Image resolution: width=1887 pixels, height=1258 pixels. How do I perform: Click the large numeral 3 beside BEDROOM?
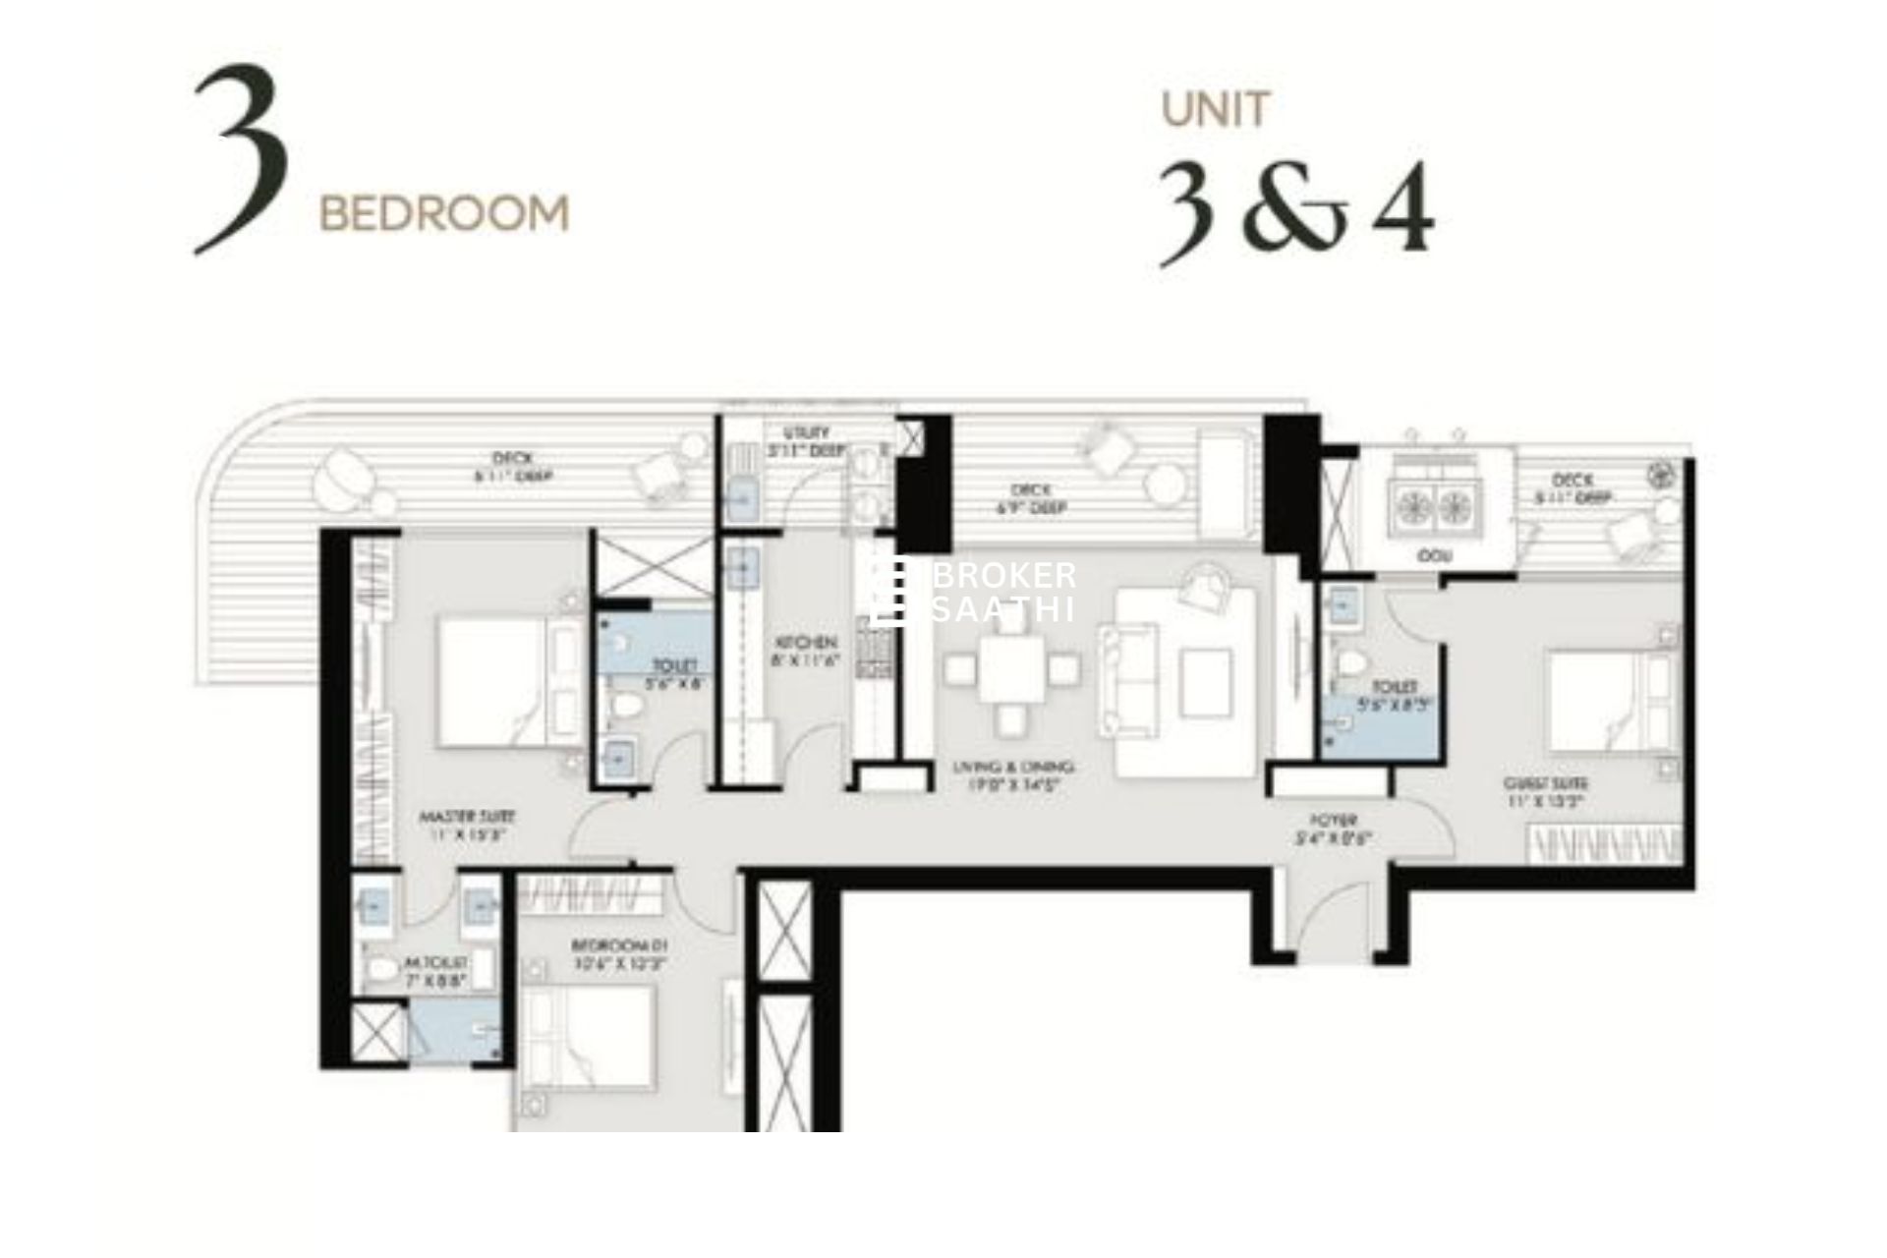[242, 159]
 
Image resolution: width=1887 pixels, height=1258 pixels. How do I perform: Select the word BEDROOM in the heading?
[444, 213]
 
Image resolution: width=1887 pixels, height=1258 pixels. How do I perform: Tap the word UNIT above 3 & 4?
[1216, 110]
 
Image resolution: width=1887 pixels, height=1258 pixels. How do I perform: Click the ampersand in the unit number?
[1296, 210]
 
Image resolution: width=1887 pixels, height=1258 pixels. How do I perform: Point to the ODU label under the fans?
[1428, 556]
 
